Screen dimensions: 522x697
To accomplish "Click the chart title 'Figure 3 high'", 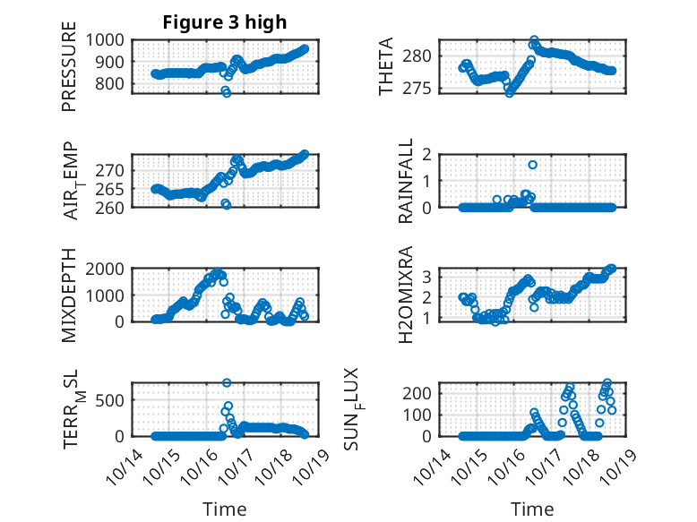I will pyautogui.click(x=224, y=22).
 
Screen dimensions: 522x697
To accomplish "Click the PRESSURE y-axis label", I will pyautogui.click(x=69, y=73).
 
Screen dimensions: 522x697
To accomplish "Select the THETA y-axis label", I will pyautogui.click(x=385, y=66).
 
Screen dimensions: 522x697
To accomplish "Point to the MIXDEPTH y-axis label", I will pyautogui.click(x=69, y=295).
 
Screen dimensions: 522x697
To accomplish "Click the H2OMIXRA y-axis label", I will pyautogui.click(x=406, y=295).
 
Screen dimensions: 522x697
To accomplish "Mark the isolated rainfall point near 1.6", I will pyautogui.click(x=532, y=165).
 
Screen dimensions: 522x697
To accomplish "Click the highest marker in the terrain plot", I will pyautogui.click(x=227, y=383).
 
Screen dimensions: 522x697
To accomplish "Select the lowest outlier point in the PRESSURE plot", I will pyautogui.click(x=227, y=92).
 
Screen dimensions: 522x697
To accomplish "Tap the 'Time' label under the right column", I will pyautogui.click(x=532, y=509).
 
